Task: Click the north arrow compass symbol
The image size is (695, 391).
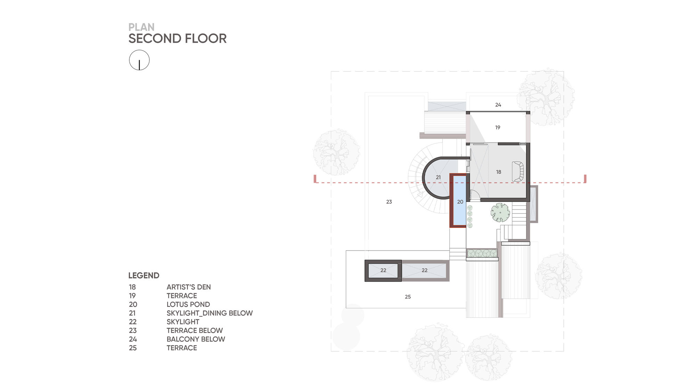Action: pyautogui.click(x=139, y=60)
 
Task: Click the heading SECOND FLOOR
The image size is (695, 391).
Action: pyautogui.click(x=177, y=39)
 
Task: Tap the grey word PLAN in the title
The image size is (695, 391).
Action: pyautogui.click(x=141, y=27)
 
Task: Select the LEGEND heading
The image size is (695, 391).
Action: pyautogui.click(x=144, y=276)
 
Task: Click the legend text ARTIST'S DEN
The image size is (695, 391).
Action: pyautogui.click(x=188, y=287)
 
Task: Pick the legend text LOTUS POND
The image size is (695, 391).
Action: pyautogui.click(x=188, y=304)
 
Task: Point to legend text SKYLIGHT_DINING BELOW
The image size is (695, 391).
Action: pyautogui.click(x=209, y=313)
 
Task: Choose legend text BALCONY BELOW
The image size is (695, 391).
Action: pyautogui.click(x=196, y=339)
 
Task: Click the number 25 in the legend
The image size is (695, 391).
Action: pyautogui.click(x=133, y=348)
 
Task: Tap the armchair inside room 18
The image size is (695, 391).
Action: pyautogui.click(x=517, y=172)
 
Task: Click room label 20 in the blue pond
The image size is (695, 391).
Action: pyautogui.click(x=460, y=202)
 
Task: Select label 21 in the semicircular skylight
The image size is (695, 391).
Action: pyautogui.click(x=438, y=177)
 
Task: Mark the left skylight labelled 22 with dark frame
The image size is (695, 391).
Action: pyautogui.click(x=383, y=270)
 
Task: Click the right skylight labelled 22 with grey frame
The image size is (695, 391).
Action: pyautogui.click(x=424, y=270)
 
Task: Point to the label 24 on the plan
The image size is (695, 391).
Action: pyautogui.click(x=498, y=105)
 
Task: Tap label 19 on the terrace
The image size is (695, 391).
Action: pyautogui.click(x=498, y=128)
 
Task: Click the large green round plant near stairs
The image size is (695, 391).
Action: pyautogui.click(x=500, y=212)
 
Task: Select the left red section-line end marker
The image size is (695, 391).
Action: pyautogui.click(x=315, y=179)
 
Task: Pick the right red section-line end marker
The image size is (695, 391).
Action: pyautogui.click(x=585, y=179)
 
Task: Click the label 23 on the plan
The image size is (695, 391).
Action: pyautogui.click(x=389, y=202)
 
